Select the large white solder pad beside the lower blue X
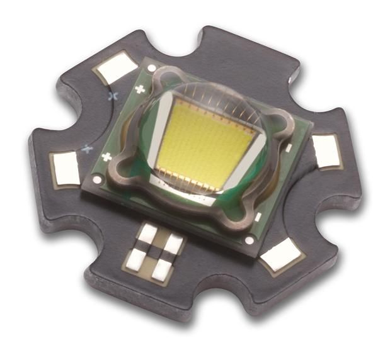point(67,168)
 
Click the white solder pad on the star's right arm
point(326,151)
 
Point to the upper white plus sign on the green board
point(139,89)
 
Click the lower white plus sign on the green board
point(107,156)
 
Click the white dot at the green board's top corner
point(151,67)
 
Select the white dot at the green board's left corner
point(96,179)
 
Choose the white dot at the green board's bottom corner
point(249,240)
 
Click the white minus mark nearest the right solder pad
point(289,148)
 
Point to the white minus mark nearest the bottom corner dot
point(258,217)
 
